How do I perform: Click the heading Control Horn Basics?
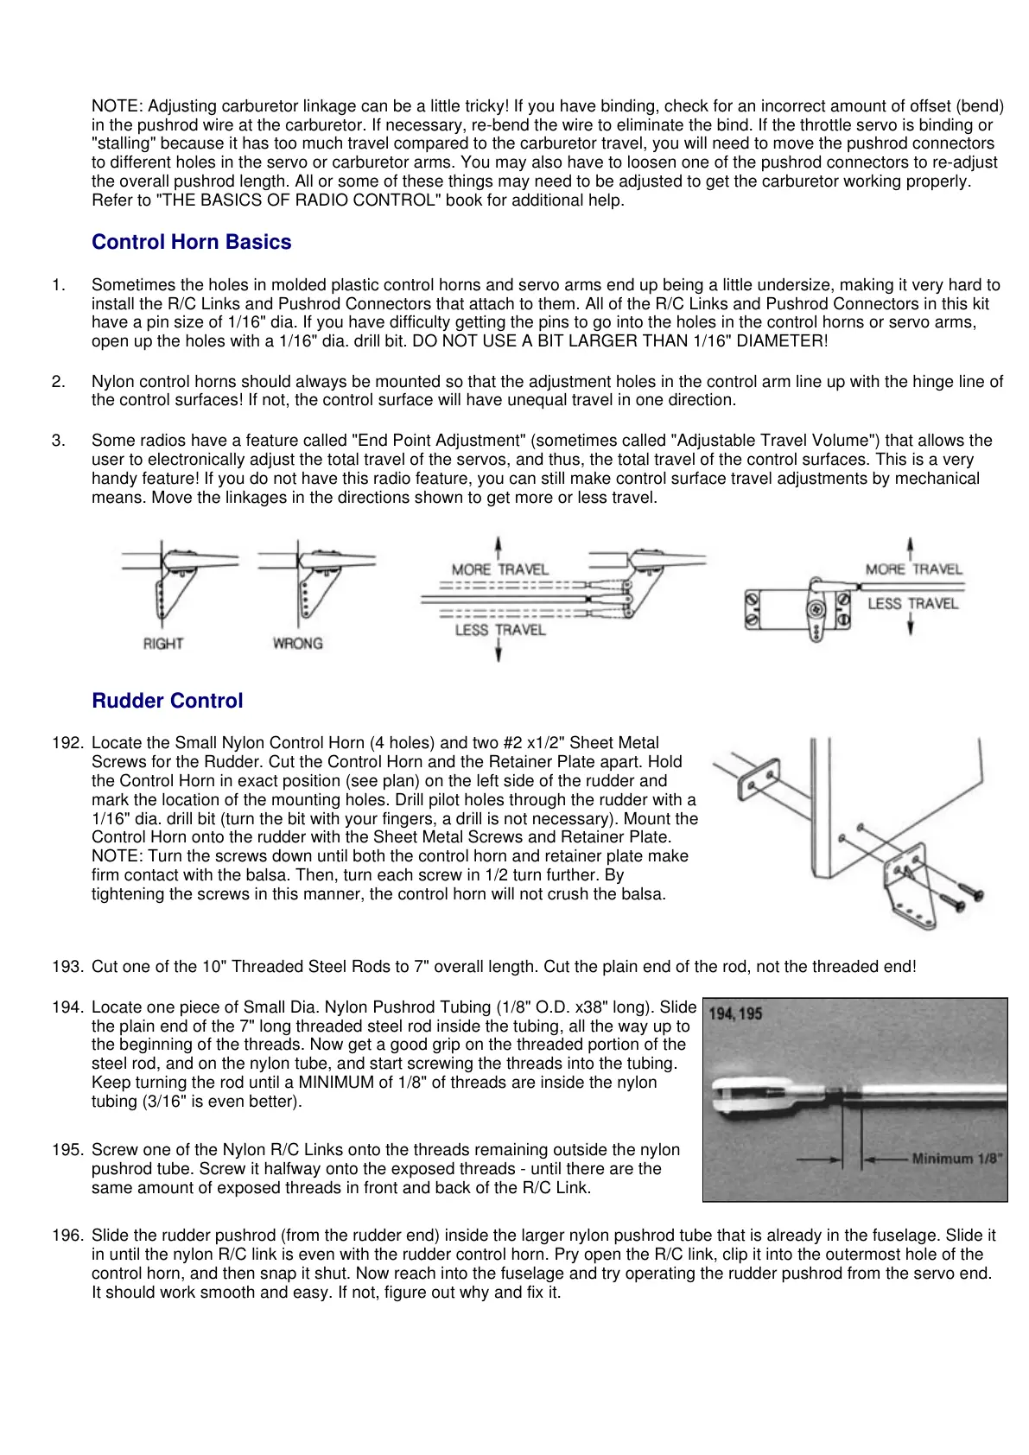coord(191,242)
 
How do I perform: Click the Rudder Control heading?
coord(167,701)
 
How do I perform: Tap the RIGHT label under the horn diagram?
coord(162,644)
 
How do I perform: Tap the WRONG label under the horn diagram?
coord(297,644)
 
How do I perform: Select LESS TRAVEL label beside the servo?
coord(912,604)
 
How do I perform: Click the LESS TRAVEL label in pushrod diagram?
coord(499,630)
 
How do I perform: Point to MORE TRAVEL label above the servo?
coord(913,569)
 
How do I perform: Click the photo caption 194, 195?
coord(735,1013)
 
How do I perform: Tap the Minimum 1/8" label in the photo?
coord(956,1159)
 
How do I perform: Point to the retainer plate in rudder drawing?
coord(758,779)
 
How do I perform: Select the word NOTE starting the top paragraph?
coord(117,106)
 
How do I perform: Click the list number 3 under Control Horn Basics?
coord(58,441)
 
